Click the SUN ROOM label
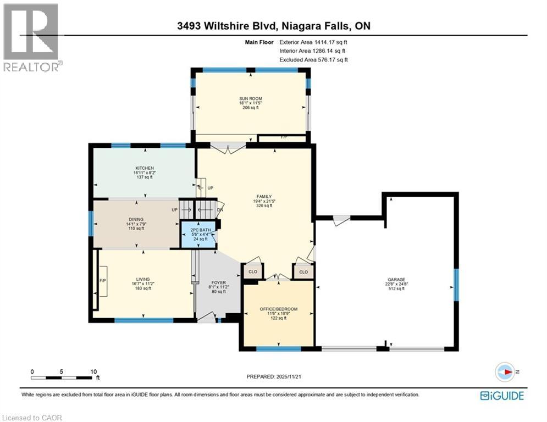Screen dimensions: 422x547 [x=250, y=98]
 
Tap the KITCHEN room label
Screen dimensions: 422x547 [x=145, y=168]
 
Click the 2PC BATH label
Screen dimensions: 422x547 [x=198, y=230]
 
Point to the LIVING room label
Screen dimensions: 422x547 [x=144, y=279]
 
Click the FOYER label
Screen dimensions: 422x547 [x=219, y=282]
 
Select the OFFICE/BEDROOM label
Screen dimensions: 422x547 [x=279, y=309]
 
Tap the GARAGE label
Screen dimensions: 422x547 [x=396, y=280]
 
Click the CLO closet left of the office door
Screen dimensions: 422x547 [x=253, y=271]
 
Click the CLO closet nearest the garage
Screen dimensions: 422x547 [x=303, y=271]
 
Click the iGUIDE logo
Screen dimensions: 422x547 [x=502, y=396]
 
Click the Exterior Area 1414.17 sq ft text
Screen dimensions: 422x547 [x=313, y=42]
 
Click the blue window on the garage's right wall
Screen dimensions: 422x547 [x=455, y=284]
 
